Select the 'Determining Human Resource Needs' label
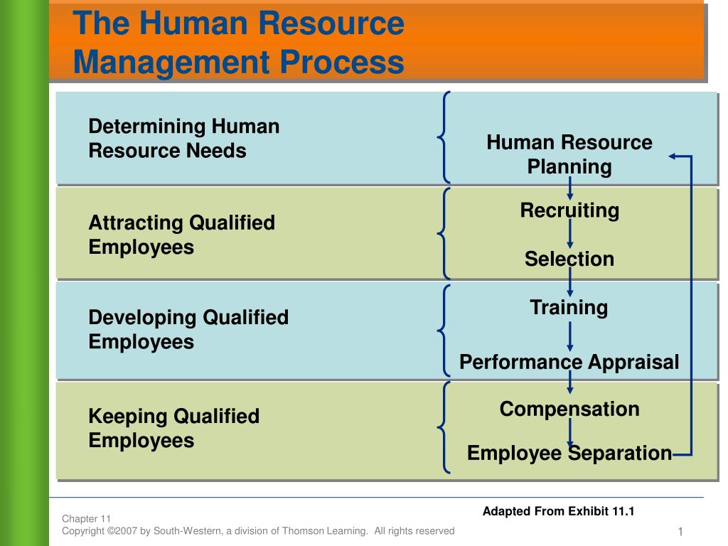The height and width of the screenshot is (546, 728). (x=183, y=139)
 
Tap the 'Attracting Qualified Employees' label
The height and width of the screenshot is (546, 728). (x=181, y=235)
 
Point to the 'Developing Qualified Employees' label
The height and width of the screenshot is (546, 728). (x=188, y=329)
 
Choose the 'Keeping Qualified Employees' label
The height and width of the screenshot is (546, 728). (x=173, y=428)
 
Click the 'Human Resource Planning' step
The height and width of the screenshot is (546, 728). (x=569, y=154)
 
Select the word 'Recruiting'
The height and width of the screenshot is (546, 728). (x=569, y=210)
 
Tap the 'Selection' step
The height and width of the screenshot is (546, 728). (x=569, y=259)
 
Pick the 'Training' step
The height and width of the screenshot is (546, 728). (x=569, y=308)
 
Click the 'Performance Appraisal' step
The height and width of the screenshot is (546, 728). (x=569, y=362)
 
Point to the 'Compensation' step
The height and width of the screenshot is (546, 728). (x=569, y=409)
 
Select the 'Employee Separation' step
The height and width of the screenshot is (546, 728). (x=569, y=453)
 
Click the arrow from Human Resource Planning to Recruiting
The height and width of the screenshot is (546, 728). (x=569, y=188)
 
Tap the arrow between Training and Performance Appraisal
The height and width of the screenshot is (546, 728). (x=569, y=335)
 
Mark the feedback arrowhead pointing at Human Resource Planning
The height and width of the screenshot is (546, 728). (x=674, y=156)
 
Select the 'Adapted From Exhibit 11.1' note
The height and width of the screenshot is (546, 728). (x=558, y=511)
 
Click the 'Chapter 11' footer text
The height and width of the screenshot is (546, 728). (x=86, y=518)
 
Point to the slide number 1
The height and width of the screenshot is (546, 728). (x=680, y=532)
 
